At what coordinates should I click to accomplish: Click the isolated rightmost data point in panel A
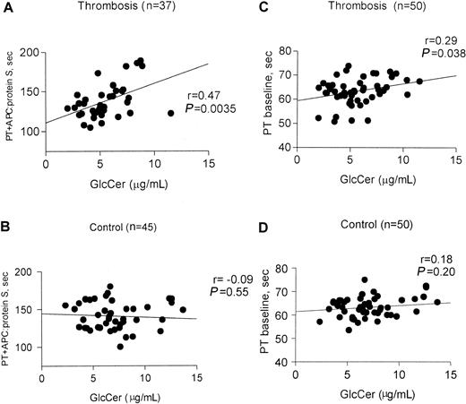point(170,113)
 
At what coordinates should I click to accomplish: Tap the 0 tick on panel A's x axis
point(46,164)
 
